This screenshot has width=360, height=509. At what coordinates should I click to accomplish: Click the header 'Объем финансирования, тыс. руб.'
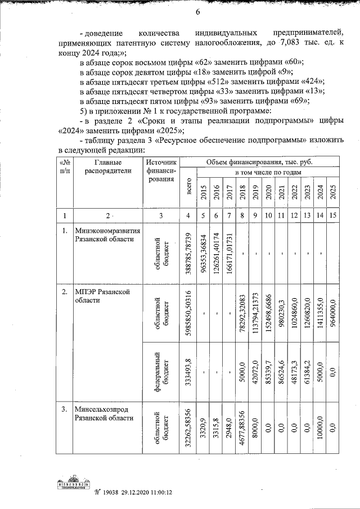coord(259,162)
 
